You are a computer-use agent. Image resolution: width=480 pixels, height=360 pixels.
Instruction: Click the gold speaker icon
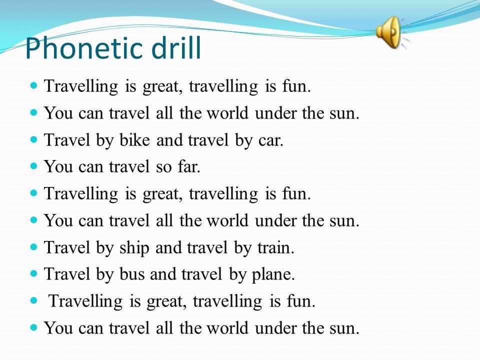(x=389, y=32)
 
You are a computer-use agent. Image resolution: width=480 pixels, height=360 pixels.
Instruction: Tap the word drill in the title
(x=176, y=47)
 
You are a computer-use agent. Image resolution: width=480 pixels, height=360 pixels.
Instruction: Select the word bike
(x=134, y=140)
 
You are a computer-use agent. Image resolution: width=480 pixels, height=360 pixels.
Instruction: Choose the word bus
(x=131, y=274)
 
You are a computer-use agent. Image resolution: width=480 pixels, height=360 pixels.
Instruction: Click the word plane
(x=273, y=275)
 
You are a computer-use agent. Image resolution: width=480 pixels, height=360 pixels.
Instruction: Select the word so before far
(x=164, y=168)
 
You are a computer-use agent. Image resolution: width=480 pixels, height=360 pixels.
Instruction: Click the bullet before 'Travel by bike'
(x=33, y=139)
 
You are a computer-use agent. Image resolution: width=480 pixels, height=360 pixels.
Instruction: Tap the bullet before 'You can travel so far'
(x=33, y=166)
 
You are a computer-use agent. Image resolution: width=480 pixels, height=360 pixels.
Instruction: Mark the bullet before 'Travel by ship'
(x=33, y=246)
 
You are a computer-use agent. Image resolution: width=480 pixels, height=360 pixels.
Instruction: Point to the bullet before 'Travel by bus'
(x=33, y=273)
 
